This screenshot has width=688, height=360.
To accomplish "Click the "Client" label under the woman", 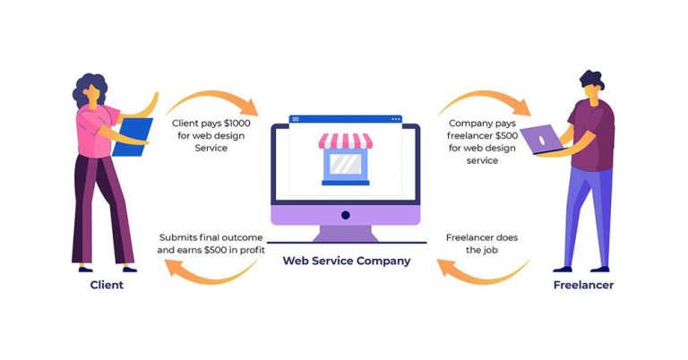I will [107, 286].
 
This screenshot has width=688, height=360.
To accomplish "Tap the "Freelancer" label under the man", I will [583, 286].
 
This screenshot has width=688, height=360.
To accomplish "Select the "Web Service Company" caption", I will [347, 261].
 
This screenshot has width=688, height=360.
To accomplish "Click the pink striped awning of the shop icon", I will [345, 141].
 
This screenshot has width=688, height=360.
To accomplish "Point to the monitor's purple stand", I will [345, 233].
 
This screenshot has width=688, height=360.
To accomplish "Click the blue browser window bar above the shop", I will [345, 118].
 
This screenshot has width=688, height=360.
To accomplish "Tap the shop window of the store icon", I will [345, 165].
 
